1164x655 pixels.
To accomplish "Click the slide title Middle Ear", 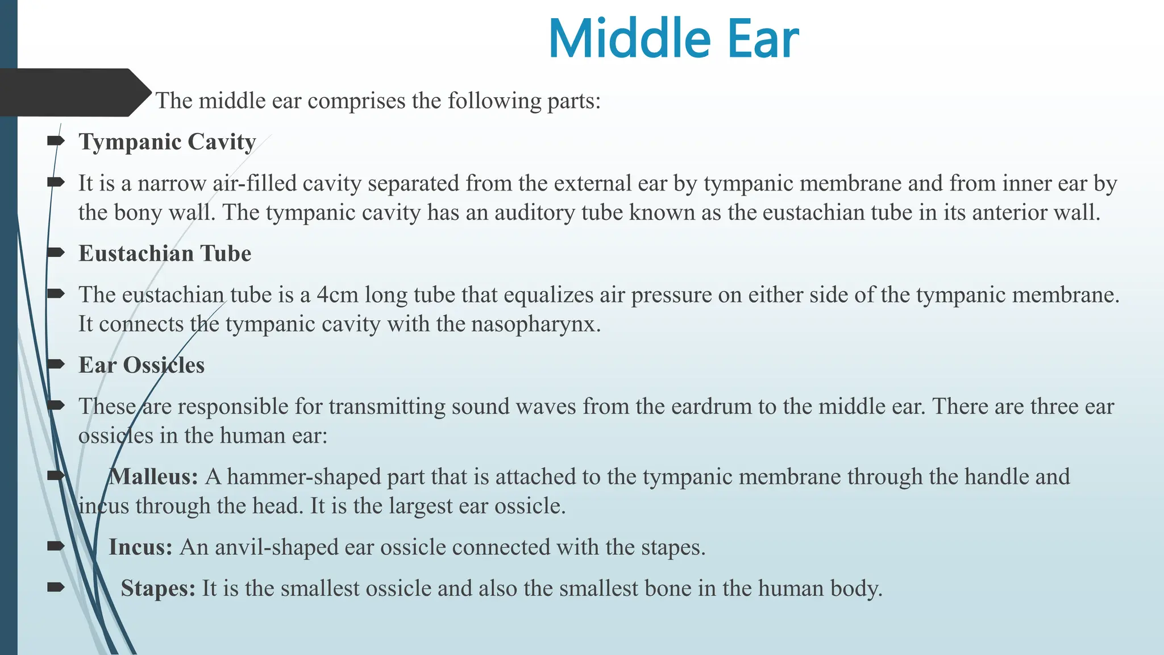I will pos(673,39).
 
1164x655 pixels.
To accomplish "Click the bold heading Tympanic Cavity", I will pos(167,142).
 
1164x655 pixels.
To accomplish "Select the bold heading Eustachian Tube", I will pos(165,254).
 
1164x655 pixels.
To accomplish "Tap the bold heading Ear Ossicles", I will pos(142,365).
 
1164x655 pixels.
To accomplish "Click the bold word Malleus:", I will pos(153,476).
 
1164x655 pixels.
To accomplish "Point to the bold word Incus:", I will pos(140,547).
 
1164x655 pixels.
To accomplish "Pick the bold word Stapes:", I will pos(158,588).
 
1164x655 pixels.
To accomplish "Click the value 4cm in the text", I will pos(337,295).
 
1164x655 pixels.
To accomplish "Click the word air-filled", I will pos(255,184).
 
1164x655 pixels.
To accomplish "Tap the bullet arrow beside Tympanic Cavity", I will pos(56,140).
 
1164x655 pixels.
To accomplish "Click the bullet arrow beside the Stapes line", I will pos(56,587).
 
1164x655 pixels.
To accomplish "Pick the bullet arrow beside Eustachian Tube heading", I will pos(56,252).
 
